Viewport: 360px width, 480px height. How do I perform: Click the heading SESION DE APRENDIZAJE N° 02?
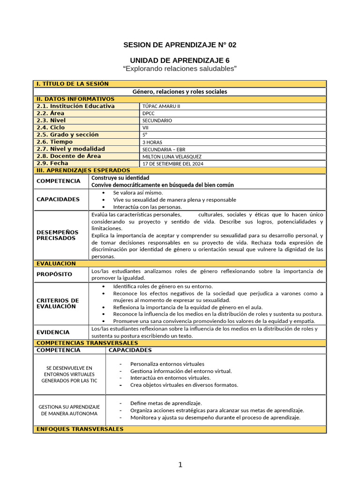[180, 45]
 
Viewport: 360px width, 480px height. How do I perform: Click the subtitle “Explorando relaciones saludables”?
[180, 69]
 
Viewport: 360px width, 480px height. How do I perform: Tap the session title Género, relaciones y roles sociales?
[180, 91]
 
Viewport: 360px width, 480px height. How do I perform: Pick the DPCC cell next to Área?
[149, 113]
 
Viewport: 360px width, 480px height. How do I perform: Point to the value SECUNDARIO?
[157, 120]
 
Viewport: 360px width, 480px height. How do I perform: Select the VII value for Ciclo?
[145, 127]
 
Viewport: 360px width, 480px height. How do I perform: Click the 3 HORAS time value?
[153, 142]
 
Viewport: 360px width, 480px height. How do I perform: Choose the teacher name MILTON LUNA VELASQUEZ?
[172, 157]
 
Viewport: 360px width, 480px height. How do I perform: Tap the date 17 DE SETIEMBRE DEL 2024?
[173, 164]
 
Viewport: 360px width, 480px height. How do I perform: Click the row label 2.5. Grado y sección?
[67, 135]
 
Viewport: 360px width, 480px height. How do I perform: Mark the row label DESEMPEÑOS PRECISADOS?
[58, 235]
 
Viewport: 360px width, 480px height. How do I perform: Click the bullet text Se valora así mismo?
[138, 193]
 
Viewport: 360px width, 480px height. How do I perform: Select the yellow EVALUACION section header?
[56, 264]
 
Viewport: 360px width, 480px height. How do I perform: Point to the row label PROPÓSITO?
[54, 274]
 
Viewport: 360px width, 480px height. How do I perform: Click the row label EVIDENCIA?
[53, 332]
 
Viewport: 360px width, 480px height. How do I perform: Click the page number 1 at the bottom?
[180, 465]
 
